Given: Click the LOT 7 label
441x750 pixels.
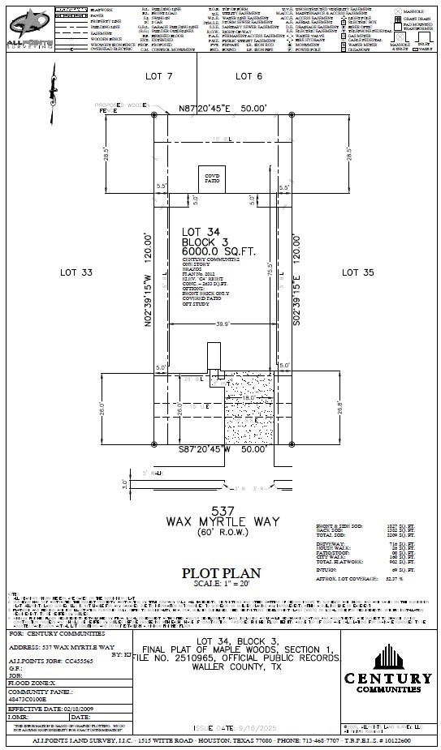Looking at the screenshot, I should (x=158, y=75).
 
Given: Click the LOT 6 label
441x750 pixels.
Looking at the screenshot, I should (x=249, y=75).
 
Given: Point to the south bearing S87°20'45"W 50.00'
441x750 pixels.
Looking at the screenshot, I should (x=222, y=448).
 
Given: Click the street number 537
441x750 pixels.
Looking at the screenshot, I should (x=222, y=510).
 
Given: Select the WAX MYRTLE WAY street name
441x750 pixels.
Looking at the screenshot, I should (x=222, y=521).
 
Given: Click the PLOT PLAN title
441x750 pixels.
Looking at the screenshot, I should (x=222, y=572).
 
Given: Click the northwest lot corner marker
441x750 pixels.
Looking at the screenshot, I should (x=154, y=115).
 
